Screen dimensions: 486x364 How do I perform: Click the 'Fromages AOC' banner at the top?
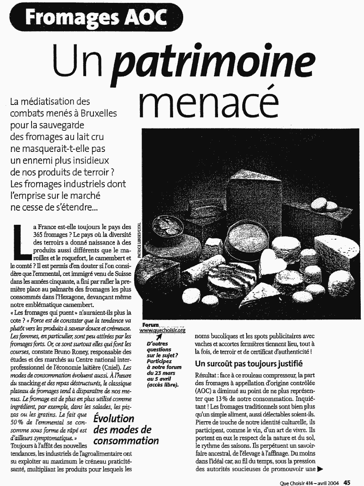coord(95,17)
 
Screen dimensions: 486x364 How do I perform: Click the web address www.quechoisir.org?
coord(162,330)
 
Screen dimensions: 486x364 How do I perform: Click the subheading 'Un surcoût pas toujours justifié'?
coord(249,363)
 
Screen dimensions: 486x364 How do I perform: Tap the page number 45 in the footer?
coord(347,482)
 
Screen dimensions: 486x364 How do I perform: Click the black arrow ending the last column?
coord(322,469)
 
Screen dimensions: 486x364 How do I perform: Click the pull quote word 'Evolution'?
coord(114,418)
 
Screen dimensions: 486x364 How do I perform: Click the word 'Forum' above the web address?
coord(150,324)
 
